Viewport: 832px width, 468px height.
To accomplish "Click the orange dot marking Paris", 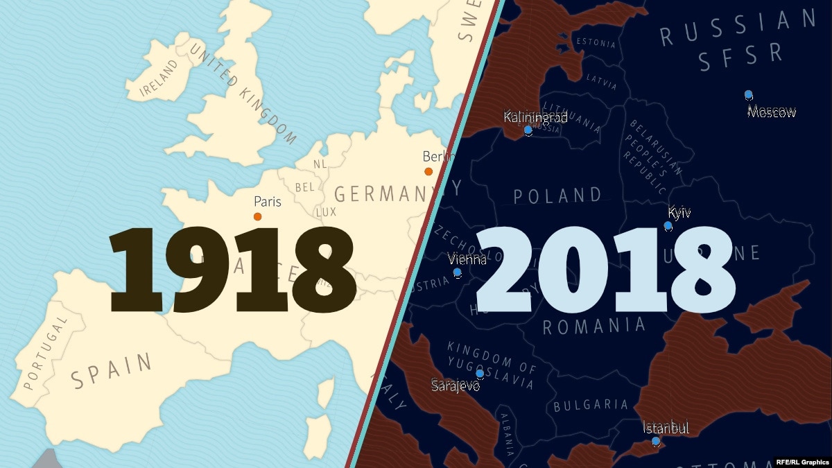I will pyautogui.click(x=258, y=217).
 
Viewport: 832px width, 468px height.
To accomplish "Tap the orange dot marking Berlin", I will pyautogui.click(x=428, y=171).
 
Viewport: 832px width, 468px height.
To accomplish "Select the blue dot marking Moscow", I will pyautogui.click(x=748, y=94).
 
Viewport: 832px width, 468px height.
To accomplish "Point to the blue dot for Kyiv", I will pyautogui.click(x=668, y=226).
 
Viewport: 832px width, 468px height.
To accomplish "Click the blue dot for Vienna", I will pyautogui.click(x=457, y=272).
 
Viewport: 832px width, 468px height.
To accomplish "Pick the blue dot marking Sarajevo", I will pyautogui.click(x=480, y=374).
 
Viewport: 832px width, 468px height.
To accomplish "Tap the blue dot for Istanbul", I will pyautogui.click(x=655, y=441).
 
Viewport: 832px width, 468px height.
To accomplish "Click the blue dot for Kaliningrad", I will pyautogui.click(x=528, y=130).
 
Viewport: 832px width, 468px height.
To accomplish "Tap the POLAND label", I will pyautogui.click(x=557, y=196).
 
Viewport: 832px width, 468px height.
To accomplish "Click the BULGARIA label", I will pyautogui.click(x=591, y=405).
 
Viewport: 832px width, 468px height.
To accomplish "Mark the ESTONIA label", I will pyautogui.click(x=595, y=43).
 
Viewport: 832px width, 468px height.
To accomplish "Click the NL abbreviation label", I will pyautogui.click(x=320, y=164).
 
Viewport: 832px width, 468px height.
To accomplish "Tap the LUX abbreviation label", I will pyautogui.click(x=326, y=212).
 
